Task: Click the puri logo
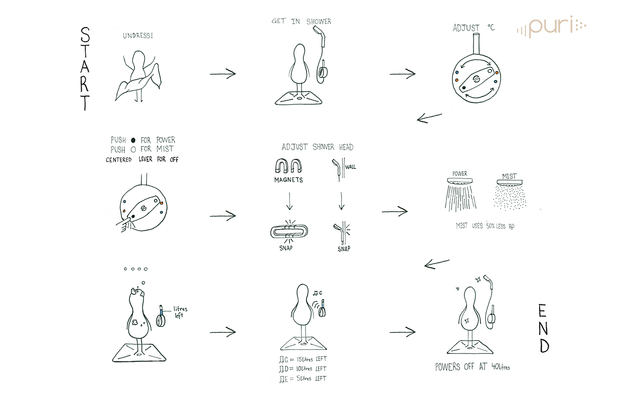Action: pos(551,27)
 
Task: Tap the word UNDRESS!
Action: pos(138,36)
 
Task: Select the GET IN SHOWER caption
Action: pos(301,22)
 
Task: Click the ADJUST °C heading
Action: pos(473,28)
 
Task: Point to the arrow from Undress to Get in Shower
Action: pos(223,74)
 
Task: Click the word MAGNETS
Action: pos(288,179)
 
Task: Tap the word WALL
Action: pos(351,166)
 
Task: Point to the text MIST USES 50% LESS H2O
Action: pos(485,226)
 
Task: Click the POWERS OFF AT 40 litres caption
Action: pos(472,367)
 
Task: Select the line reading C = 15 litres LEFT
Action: pos(302,359)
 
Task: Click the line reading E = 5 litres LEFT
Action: pos(302,378)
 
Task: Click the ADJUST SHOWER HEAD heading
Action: pos(317,147)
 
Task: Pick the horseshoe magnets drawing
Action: pos(288,165)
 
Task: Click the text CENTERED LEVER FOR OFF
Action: pos(142,160)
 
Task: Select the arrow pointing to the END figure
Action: pos(403,331)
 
